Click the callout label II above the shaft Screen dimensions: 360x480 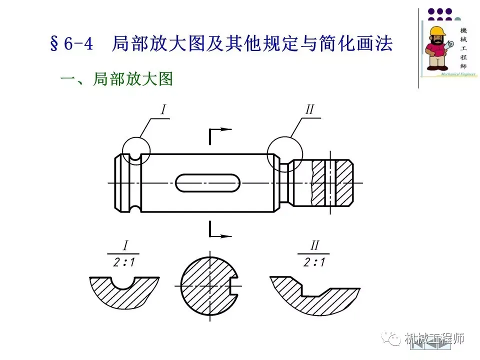click(309, 110)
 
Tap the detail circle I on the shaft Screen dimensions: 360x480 click(135, 151)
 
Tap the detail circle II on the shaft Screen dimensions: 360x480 click(284, 154)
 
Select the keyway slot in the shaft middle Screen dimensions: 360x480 click(207, 183)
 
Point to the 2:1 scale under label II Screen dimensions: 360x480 click(314, 262)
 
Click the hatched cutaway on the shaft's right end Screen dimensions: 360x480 click(332, 183)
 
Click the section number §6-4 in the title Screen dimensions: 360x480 click(72, 43)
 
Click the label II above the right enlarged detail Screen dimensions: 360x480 click(314, 245)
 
